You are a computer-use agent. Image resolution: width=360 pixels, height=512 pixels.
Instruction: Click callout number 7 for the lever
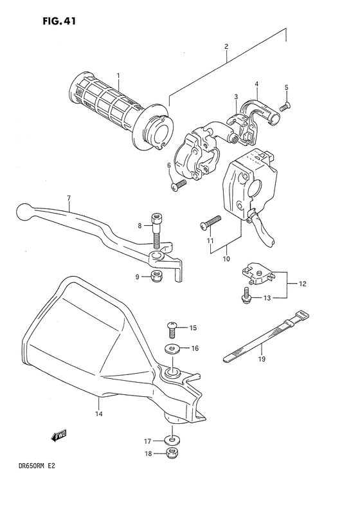pyautogui.click(x=68, y=199)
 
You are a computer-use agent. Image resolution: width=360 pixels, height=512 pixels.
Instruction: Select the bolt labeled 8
pyautogui.click(x=155, y=230)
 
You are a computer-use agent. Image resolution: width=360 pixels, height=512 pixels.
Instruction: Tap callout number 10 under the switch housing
pyautogui.click(x=226, y=259)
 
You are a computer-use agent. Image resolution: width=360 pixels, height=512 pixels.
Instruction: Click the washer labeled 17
pyautogui.click(x=170, y=441)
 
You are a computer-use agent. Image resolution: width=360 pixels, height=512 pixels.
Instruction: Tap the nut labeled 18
pyautogui.click(x=170, y=454)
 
